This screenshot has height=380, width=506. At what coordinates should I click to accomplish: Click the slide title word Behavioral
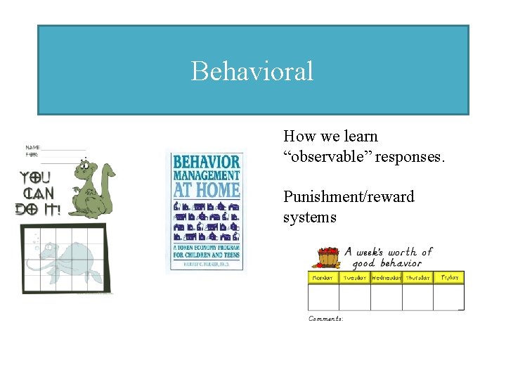click(252, 71)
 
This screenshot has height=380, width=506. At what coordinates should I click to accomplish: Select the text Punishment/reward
click(349, 196)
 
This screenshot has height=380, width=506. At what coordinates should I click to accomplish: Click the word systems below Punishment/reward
click(309, 217)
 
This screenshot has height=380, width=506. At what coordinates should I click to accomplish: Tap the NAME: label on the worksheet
click(32, 146)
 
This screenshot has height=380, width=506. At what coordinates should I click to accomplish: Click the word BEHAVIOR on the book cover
click(206, 161)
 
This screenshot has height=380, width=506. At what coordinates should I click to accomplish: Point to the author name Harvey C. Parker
click(206, 265)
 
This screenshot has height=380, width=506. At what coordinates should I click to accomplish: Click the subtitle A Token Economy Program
click(206, 248)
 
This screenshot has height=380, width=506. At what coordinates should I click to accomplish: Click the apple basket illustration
click(325, 258)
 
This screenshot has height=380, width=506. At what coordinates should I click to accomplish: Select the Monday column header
click(323, 278)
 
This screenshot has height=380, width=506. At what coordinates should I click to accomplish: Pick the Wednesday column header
click(386, 278)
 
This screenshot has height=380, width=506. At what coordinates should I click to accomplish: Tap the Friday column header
click(448, 278)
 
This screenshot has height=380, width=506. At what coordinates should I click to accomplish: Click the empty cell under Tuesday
click(354, 296)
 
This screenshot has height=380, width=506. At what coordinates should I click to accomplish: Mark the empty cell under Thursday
click(417, 296)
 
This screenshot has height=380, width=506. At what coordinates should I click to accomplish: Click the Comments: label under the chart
click(326, 319)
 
